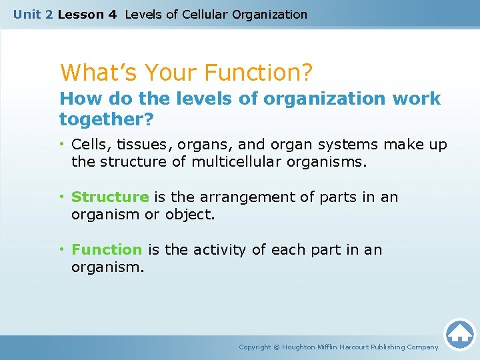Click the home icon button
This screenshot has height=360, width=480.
pyautogui.click(x=459, y=334)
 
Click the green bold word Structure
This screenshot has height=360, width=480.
pyautogui.click(x=110, y=197)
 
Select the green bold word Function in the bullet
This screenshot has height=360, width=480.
pyautogui.click(x=107, y=249)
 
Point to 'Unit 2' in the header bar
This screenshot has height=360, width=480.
pyautogui.click(x=33, y=14)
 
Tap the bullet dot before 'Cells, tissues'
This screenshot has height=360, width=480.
pyautogui.click(x=63, y=144)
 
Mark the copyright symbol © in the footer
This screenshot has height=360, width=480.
pyautogui.click(x=277, y=347)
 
